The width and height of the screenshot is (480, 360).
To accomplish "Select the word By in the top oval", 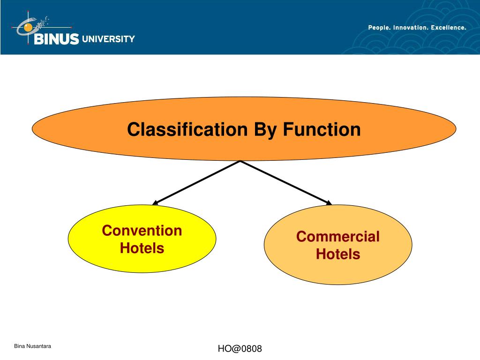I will point(266,130).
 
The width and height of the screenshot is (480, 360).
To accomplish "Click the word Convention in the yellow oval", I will point(142,231).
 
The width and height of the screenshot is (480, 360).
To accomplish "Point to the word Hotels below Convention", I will point(142,247).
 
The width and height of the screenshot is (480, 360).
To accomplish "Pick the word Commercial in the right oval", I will point(337,237).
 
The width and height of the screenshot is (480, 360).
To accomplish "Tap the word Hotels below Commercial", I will point(337,254).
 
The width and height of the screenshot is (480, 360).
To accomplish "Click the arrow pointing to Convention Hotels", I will point(197,182).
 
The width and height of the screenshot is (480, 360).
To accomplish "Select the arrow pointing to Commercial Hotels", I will point(286,182).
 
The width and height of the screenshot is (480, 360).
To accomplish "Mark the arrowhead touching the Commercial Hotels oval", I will point(329,203).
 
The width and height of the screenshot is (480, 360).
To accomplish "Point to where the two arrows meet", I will point(240,161).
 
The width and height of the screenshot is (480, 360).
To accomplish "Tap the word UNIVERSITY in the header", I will point(108,39).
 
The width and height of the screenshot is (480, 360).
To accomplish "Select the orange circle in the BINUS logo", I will point(28,28).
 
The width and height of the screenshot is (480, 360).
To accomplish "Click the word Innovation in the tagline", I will point(411,28).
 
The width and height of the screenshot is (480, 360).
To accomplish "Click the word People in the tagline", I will point(379,28).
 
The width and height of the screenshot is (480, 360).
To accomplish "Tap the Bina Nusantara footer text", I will point(32,346).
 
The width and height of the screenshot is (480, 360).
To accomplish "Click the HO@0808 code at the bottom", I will point(240,349).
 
